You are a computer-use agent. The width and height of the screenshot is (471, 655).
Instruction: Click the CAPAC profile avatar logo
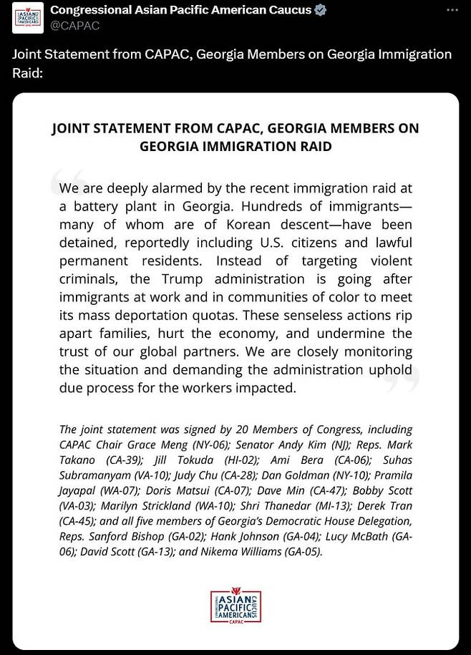point(29,17)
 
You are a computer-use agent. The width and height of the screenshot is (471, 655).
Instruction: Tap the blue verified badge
point(321,10)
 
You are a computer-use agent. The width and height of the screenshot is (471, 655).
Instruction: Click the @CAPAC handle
point(75,26)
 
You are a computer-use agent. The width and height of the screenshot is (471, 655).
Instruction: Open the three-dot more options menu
point(452,10)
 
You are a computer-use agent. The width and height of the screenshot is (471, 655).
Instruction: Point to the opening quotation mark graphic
point(69,184)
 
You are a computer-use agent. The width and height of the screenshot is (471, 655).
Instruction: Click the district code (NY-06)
point(208,445)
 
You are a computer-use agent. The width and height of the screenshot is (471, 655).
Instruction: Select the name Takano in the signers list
point(80,460)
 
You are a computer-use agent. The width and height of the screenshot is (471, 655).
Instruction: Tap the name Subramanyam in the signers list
point(94,475)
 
